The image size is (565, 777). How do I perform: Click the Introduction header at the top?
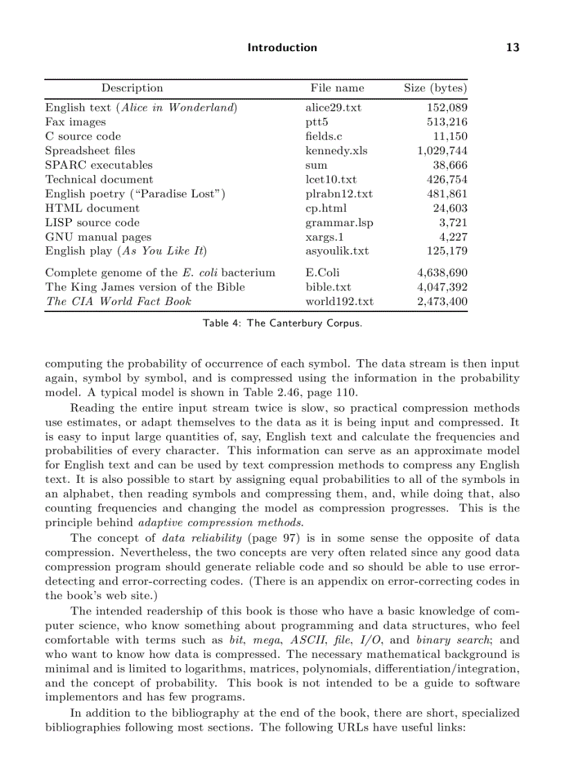pyautogui.click(x=282, y=48)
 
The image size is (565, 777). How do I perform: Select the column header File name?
pyautogui.click(x=337, y=88)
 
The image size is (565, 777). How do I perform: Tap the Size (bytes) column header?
pyautogui.click(x=435, y=88)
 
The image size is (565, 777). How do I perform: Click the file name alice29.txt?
pyautogui.click(x=333, y=107)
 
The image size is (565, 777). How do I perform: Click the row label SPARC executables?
pyautogui.click(x=98, y=165)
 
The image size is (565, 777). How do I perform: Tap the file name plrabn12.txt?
pyautogui.click(x=339, y=194)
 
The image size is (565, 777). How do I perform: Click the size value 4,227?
pyautogui.click(x=453, y=237)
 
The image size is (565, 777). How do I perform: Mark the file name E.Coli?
pyautogui.click(x=322, y=273)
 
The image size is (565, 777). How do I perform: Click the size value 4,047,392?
pyautogui.click(x=442, y=286)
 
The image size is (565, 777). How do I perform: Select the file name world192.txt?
pyautogui.click(x=339, y=301)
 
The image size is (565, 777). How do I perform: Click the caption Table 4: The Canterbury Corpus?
pyautogui.click(x=282, y=323)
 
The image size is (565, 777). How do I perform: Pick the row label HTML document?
pyautogui.click(x=92, y=208)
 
